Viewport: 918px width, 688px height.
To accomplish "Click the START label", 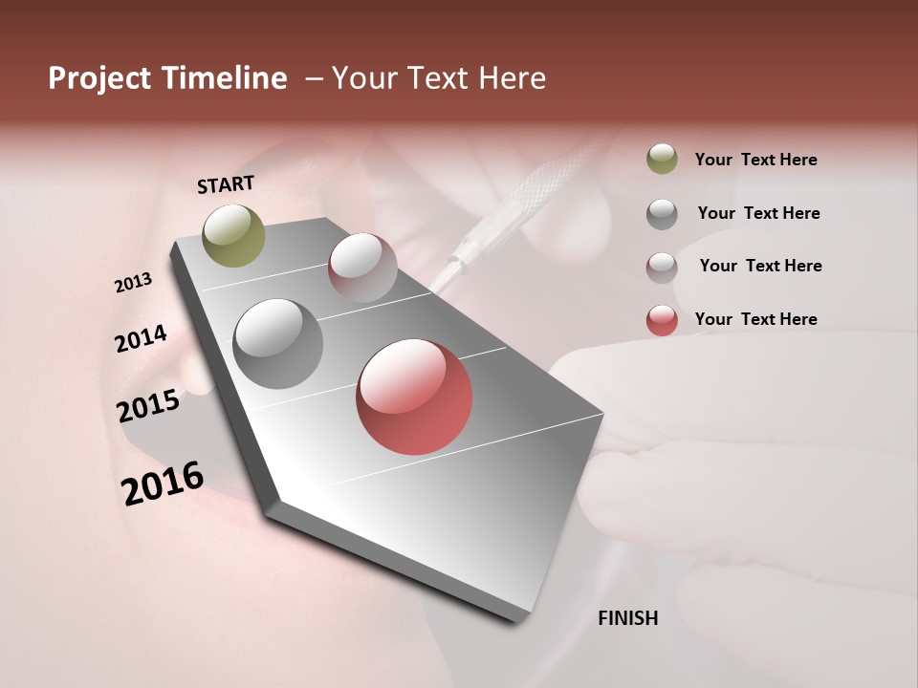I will tap(226, 184).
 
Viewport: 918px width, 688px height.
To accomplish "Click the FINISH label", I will tap(627, 618).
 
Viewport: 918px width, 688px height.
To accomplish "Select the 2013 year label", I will tap(133, 283).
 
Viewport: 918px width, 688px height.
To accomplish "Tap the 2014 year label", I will tap(141, 338).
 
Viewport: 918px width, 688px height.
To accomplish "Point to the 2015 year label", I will tap(148, 406).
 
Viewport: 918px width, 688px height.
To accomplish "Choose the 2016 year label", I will tap(163, 484).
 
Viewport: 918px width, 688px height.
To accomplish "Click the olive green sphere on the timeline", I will tap(233, 235).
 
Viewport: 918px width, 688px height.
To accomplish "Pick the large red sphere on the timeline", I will tap(414, 397).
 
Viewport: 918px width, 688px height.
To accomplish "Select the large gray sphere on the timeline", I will tap(277, 343).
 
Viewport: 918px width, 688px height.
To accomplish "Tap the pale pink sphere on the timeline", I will tap(362, 267).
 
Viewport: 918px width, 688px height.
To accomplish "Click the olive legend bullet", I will tap(662, 160).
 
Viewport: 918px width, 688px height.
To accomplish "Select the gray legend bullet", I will tap(662, 213).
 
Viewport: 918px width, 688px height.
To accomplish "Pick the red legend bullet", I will tap(662, 319).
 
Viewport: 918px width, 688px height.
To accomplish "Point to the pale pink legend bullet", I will tap(662, 267).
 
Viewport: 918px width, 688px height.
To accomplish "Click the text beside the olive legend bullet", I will tap(755, 160).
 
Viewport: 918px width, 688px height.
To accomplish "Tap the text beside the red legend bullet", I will tap(755, 319).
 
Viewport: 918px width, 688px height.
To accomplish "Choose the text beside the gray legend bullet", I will tap(758, 213).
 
